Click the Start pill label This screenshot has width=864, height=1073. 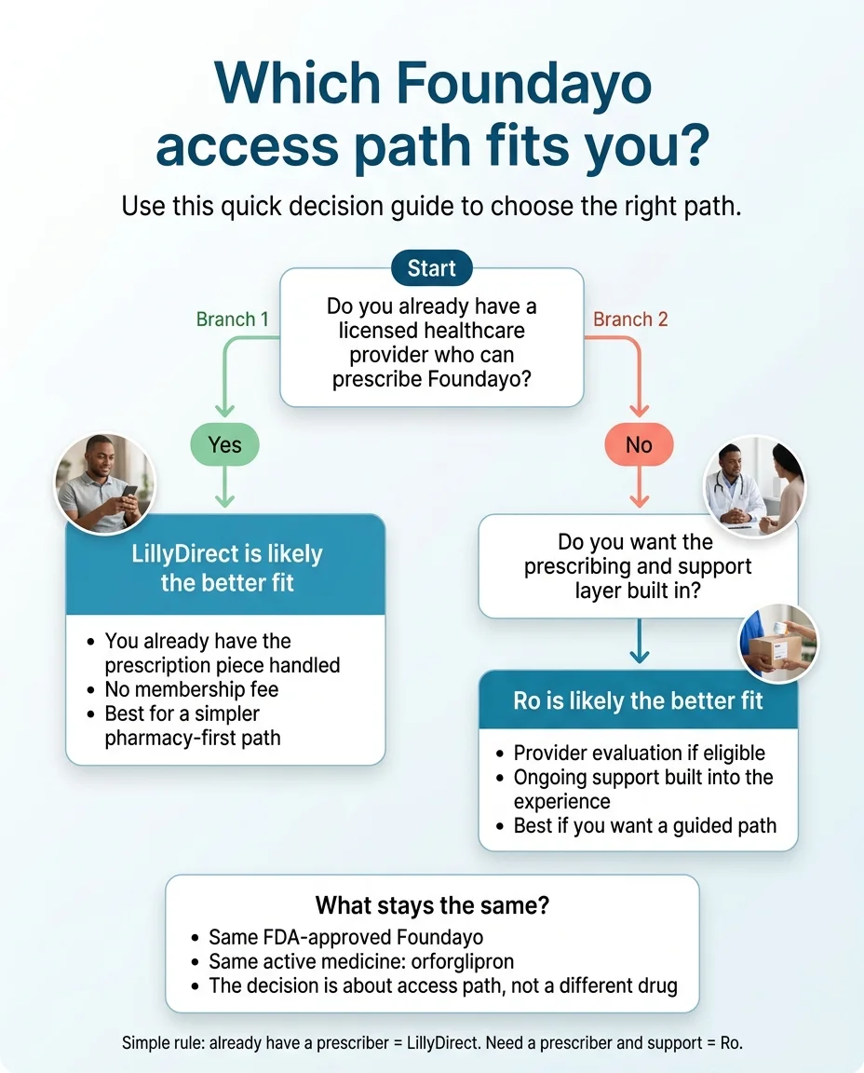coord(431,268)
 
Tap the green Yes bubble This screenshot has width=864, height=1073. coord(224,445)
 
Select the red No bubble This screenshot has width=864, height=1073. coord(639,445)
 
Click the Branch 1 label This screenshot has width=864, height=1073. coord(232,319)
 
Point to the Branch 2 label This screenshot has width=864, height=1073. coord(630,319)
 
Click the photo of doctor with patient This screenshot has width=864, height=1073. coord(755,486)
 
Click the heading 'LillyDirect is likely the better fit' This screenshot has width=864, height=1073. coord(227,567)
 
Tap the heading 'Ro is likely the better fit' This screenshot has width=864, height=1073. coord(638,700)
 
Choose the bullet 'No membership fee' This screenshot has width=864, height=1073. coord(191,689)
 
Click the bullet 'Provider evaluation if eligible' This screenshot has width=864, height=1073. coord(639,753)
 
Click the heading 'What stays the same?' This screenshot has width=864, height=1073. coord(431,904)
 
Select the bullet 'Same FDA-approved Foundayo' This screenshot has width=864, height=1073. coord(345,937)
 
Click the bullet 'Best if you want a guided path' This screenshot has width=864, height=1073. coord(644,825)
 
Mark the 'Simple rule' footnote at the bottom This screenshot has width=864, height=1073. coord(432,1043)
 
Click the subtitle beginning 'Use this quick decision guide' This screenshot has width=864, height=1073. coord(431,206)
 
